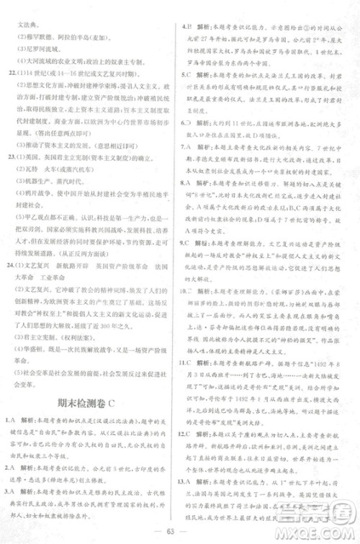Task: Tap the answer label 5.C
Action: (186, 73)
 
